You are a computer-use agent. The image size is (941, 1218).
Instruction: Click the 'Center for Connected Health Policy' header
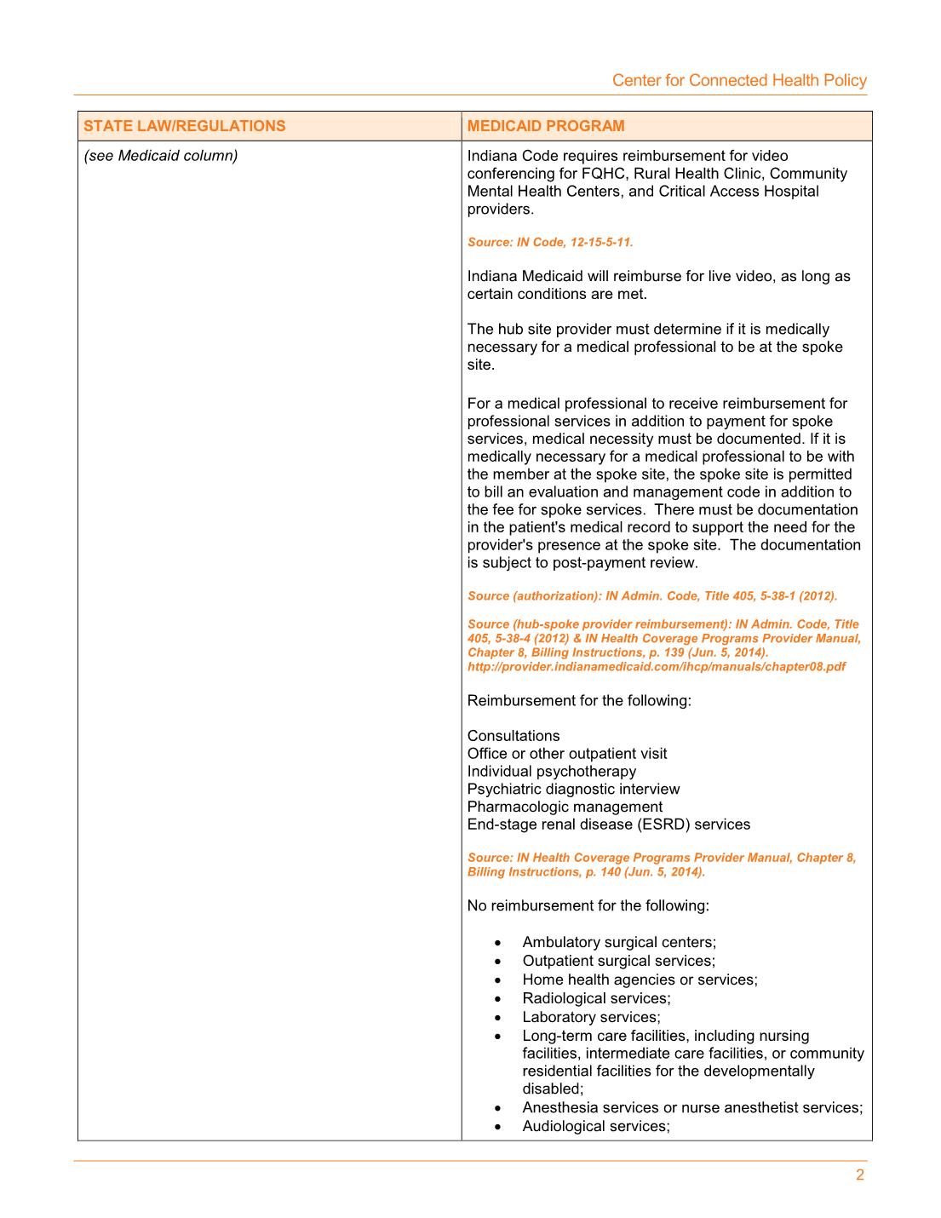tap(738, 80)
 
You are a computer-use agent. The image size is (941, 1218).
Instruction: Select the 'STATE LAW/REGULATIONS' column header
tap(185, 126)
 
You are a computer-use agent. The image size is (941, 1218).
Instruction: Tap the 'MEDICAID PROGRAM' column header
tap(545, 126)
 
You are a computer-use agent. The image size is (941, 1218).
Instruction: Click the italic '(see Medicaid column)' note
tap(161, 156)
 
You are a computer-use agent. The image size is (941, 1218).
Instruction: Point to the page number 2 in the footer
tap(859, 1175)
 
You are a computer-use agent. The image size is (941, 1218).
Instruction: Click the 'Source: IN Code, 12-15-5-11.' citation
tap(550, 242)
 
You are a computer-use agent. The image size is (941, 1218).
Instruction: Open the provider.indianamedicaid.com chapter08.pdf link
tap(656, 667)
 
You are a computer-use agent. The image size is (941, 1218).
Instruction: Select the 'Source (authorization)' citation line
tap(651, 596)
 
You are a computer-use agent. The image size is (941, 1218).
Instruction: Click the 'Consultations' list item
tap(514, 736)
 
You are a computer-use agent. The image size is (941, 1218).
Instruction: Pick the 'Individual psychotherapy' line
tap(551, 772)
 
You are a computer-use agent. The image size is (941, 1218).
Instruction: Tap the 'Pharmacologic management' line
tap(565, 807)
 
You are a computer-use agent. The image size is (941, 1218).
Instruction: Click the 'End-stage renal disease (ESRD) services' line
tap(609, 824)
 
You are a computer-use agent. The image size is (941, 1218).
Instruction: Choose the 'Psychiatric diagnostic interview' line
tap(573, 790)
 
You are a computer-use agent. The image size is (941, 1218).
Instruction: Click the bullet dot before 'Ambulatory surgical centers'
tap(497, 943)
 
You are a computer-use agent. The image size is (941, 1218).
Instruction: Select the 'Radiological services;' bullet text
tap(596, 998)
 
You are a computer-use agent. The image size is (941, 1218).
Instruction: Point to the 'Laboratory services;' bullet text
tap(591, 1017)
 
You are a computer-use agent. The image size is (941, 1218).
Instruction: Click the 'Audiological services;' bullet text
tap(596, 1126)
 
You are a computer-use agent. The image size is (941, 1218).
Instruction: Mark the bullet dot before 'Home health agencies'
tap(497, 980)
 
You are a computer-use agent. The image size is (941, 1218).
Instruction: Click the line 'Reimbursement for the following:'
tap(579, 701)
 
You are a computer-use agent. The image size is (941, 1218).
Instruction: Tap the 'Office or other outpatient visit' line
tap(567, 754)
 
